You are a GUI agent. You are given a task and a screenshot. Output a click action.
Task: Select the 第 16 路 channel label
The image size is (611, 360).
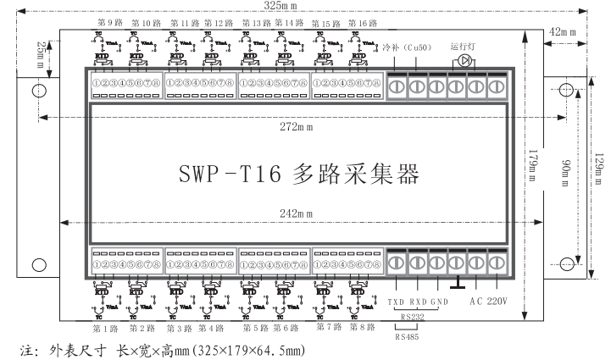point(336,23)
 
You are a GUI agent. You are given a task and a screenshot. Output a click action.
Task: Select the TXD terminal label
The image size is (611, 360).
point(396,302)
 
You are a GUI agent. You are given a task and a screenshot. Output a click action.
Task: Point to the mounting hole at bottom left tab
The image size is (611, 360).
point(37,265)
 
